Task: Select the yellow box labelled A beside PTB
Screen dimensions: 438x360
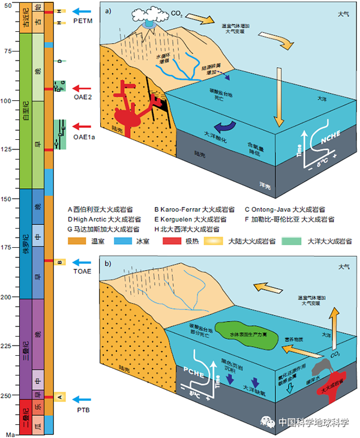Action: [59, 396]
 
